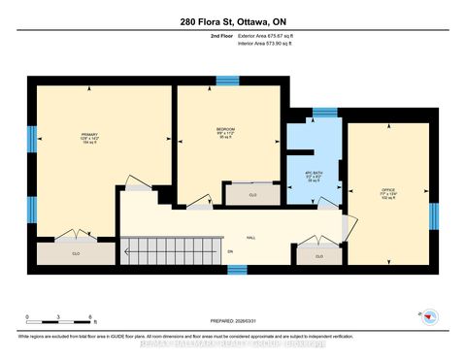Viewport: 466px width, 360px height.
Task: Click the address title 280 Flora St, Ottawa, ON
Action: point(232,22)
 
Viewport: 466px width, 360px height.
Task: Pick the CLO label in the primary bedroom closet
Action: point(75,253)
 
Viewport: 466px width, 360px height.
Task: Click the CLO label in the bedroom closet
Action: point(251,195)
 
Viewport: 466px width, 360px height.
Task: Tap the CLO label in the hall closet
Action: point(319,256)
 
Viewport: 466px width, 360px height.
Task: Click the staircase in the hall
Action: point(171,249)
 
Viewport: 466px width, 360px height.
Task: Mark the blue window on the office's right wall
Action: point(434,215)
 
